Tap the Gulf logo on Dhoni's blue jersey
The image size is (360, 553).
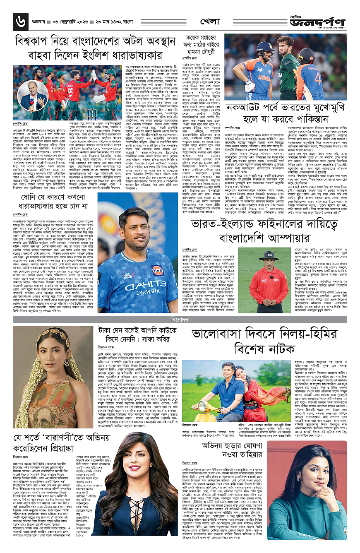(x=157, y=269)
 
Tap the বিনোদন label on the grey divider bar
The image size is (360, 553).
(x=180, y=320)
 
